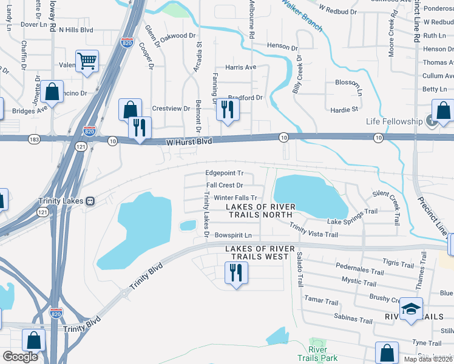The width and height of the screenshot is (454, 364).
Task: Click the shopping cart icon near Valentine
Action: point(87,61)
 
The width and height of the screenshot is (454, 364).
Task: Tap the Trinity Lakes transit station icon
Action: point(90,201)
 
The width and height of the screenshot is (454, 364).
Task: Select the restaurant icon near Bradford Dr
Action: point(228,109)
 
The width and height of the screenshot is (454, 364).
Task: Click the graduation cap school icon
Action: point(411,309)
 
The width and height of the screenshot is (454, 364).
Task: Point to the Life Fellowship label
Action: point(394,121)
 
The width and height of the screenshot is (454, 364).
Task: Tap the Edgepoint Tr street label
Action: point(224,173)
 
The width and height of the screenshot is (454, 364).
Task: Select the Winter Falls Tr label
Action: point(235,198)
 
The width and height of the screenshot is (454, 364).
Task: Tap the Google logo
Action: point(20,356)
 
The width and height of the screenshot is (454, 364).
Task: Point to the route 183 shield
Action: point(33,139)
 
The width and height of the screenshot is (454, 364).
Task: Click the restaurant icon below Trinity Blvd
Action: point(235,272)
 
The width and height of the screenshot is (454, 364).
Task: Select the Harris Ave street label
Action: point(241,67)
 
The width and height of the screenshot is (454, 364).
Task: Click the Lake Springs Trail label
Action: point(352,217)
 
